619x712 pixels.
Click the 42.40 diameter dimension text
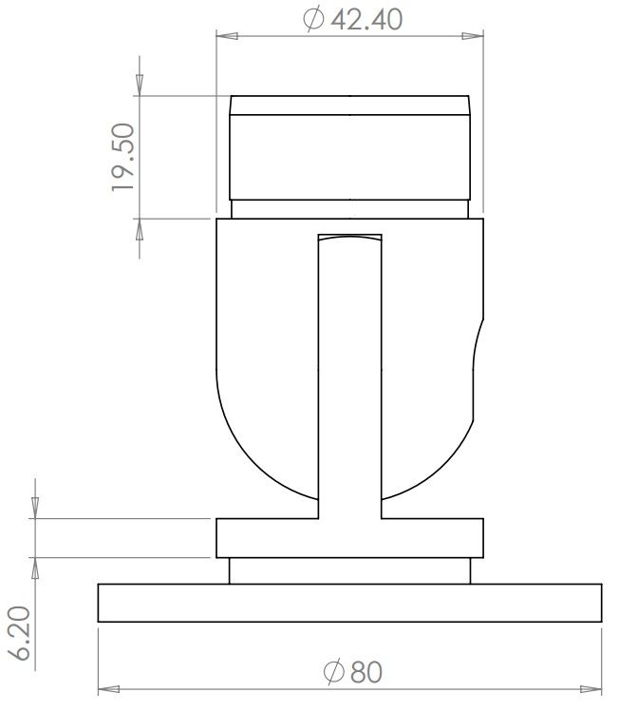pos(363,19)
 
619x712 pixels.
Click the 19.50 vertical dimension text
pos(124,157)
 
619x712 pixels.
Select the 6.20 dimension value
pos(22,635)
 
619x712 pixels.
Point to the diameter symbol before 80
pos(333,672)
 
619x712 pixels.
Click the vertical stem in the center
pos(349,380)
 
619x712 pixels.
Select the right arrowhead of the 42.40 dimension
pos(477,37)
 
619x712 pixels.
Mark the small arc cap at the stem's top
pos(349,239)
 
